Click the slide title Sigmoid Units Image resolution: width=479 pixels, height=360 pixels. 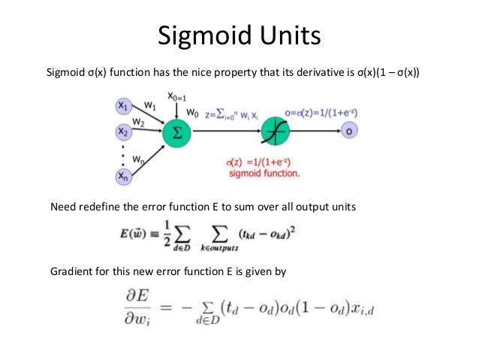coord(239,36)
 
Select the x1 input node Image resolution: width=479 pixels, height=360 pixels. coord(122,107)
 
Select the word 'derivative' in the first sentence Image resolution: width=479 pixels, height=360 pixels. coord(285,73)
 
